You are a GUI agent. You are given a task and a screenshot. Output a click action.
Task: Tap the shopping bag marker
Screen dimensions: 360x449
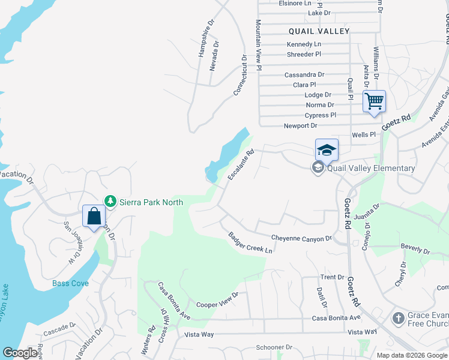click(x=94, y=215)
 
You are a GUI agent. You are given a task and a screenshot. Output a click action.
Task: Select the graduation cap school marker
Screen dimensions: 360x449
click(x=327, y=149)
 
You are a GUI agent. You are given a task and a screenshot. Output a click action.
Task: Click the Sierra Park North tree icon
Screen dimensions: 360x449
click(x=110, y=201)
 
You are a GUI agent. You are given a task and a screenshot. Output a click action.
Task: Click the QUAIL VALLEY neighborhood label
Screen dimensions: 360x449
click(x=319, y=31)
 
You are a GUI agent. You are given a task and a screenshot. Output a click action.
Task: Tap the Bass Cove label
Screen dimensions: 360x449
click(x=70, y=283)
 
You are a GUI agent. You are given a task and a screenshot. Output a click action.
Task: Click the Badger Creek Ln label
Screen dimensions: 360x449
click(x=250, y=243)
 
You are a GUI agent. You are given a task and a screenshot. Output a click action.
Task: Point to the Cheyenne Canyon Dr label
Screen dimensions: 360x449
click(x=301, y=238)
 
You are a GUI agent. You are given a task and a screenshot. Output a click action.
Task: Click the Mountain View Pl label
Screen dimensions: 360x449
click(x=259, y=44)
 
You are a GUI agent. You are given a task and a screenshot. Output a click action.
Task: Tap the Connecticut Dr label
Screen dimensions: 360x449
click(x=241, y=75)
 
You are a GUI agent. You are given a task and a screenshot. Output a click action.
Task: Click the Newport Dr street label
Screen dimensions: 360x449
click(x=300, y=126)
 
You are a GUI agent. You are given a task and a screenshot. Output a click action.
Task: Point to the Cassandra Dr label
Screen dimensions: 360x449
click(x=304, y=75)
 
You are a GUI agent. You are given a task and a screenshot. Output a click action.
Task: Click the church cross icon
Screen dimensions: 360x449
click(x=398, y=317)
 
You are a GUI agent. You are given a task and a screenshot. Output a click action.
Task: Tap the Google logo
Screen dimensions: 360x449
click(x=20, y=353)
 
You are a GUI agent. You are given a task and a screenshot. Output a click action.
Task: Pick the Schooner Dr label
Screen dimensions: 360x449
click(x=274, y=347)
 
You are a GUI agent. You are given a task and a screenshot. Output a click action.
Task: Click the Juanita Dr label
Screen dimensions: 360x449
click(x=368, y=212)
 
